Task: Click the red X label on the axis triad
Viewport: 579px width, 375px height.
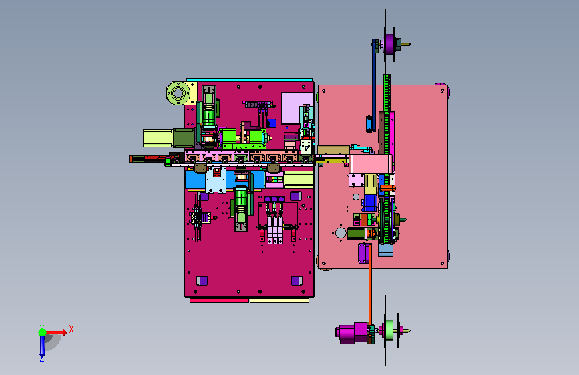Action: (x=71, y=329)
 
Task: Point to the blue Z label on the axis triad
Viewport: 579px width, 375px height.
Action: (x=41, y=358)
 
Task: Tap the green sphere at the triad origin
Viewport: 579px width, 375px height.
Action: (x=43, y=332)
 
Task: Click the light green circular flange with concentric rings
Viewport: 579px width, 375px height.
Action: (x=178, y=93)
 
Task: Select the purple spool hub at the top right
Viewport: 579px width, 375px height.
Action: (x=389, y=44)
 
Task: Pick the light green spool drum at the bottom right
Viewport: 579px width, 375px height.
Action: (x=389, y=330)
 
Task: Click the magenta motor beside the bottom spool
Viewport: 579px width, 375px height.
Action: (x=353, y=333)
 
